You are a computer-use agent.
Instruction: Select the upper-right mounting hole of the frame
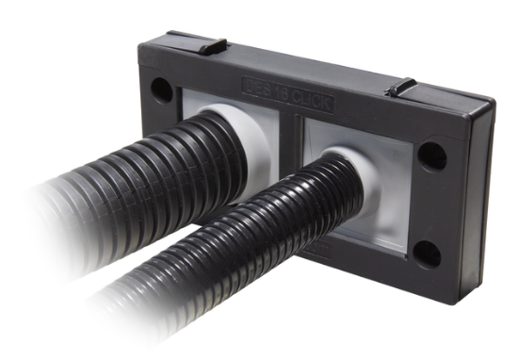(x=432, y=156)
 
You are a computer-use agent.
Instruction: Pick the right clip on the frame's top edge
(x=401, y=87)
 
